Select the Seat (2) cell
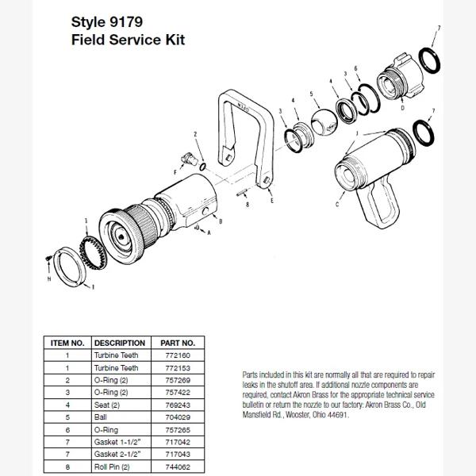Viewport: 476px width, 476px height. click(109, 404)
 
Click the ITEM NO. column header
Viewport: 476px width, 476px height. click(68, 343)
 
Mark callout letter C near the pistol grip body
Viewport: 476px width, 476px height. click(339, 204)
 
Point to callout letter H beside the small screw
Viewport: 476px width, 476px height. click(49, 278)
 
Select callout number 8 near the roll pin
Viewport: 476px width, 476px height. click(248, 204)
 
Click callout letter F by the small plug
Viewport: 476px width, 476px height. click(175, 169)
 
